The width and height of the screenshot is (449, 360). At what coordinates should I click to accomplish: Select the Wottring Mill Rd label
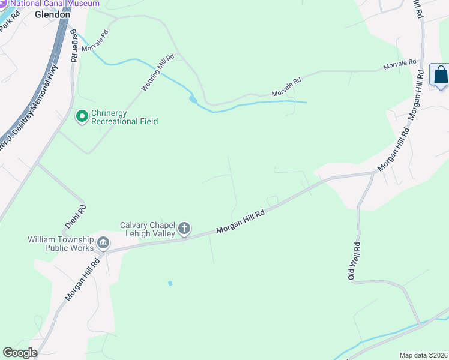pyautogui.click(x=157, y=73)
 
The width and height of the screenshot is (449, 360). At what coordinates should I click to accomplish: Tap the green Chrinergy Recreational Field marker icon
pyautogui.click(x=82, y=116)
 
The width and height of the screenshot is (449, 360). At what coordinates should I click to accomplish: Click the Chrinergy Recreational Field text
pyautogui.click(x=124, y=117)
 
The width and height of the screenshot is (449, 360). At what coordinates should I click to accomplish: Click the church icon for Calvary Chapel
pyautogui.click(x=184, y=228)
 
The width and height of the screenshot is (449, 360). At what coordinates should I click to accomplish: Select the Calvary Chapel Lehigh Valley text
pyautogui.click(x=147, y=229)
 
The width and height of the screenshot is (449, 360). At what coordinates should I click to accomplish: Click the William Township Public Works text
pyautogui.click(x=61, y=244)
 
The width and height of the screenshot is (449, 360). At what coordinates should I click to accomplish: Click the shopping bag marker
pyautogui.click(x=440, y=75)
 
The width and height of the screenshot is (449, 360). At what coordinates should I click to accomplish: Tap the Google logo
pyautogui.click(x=19, y=353)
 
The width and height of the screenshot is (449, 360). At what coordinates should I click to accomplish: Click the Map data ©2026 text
pyautogui.click(x=423, y=355)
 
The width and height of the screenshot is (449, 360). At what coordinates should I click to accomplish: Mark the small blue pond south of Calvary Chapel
pyautogui.click(x=170, y=283)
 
